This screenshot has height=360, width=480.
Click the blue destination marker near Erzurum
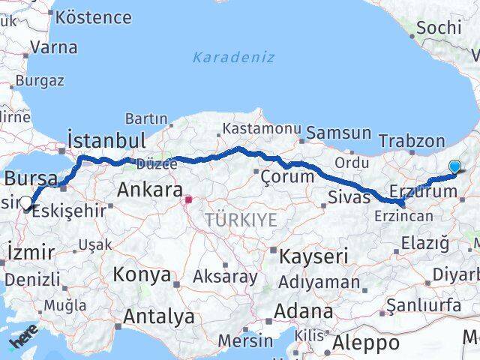pyautogui.click(x=454, y=167)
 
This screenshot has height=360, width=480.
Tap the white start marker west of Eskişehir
pyautogui.click(x=26, y=202)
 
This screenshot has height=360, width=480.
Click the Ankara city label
pyautogui.click(x=150, y=190)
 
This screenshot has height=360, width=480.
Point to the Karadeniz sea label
pyautogui.click(x=233, y=58)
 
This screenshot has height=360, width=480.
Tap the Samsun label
pyautogui.click(x=339, y=133)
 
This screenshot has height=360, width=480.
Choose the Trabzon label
pyautogui.click(x=412, y=141)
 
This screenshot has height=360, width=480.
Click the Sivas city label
pyautogui.click(x=349, y=197)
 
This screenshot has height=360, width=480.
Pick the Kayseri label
pyautogui.click(x=313, y=256)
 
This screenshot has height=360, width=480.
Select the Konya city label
pyautogui.click(x=142, y=274)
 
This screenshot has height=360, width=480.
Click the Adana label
pyautogui.click(x=304, y=310)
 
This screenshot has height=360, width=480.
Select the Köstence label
pyautogui.click(x=94, y=16)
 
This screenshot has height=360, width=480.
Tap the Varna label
pyautogui.click(x=55, y=47)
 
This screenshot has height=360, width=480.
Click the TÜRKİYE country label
pyautogui.click(x=241, y=220)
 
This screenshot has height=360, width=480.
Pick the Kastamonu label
pyautogui.click(x=259, y=129)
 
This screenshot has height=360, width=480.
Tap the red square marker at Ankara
pyautogui.click(x=189, y=199)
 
